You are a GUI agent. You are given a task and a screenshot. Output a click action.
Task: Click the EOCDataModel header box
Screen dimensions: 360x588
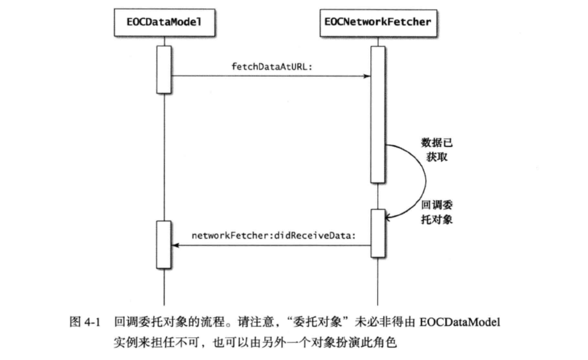click(164, 22)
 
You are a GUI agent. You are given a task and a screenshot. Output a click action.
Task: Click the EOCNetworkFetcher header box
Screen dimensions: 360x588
click(378, 22)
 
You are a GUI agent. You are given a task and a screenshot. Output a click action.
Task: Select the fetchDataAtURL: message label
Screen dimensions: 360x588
click(272, 67)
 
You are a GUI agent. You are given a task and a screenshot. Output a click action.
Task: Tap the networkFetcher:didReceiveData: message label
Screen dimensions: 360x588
click(274, 235)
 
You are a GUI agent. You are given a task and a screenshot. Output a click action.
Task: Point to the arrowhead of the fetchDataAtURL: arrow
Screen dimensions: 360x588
click(367, 76)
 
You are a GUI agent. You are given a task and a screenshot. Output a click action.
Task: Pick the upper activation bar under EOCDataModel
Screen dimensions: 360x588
click(164, 70)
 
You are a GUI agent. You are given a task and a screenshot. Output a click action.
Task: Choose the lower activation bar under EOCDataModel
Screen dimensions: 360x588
click(164, 245)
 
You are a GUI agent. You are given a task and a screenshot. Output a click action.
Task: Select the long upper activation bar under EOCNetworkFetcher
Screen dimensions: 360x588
click(378, 114)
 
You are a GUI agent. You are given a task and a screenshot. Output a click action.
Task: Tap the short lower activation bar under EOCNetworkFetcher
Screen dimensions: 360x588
click(378, 233)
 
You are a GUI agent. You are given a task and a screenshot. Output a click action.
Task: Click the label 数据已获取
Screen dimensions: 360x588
click(437, 150)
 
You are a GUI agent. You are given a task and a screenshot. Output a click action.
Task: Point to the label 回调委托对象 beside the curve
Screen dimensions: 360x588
click(437, 212)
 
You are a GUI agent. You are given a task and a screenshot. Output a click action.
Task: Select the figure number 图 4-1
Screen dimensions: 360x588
click(85, 322)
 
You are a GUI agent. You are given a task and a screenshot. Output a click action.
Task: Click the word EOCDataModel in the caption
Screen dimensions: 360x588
click(460, 322)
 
